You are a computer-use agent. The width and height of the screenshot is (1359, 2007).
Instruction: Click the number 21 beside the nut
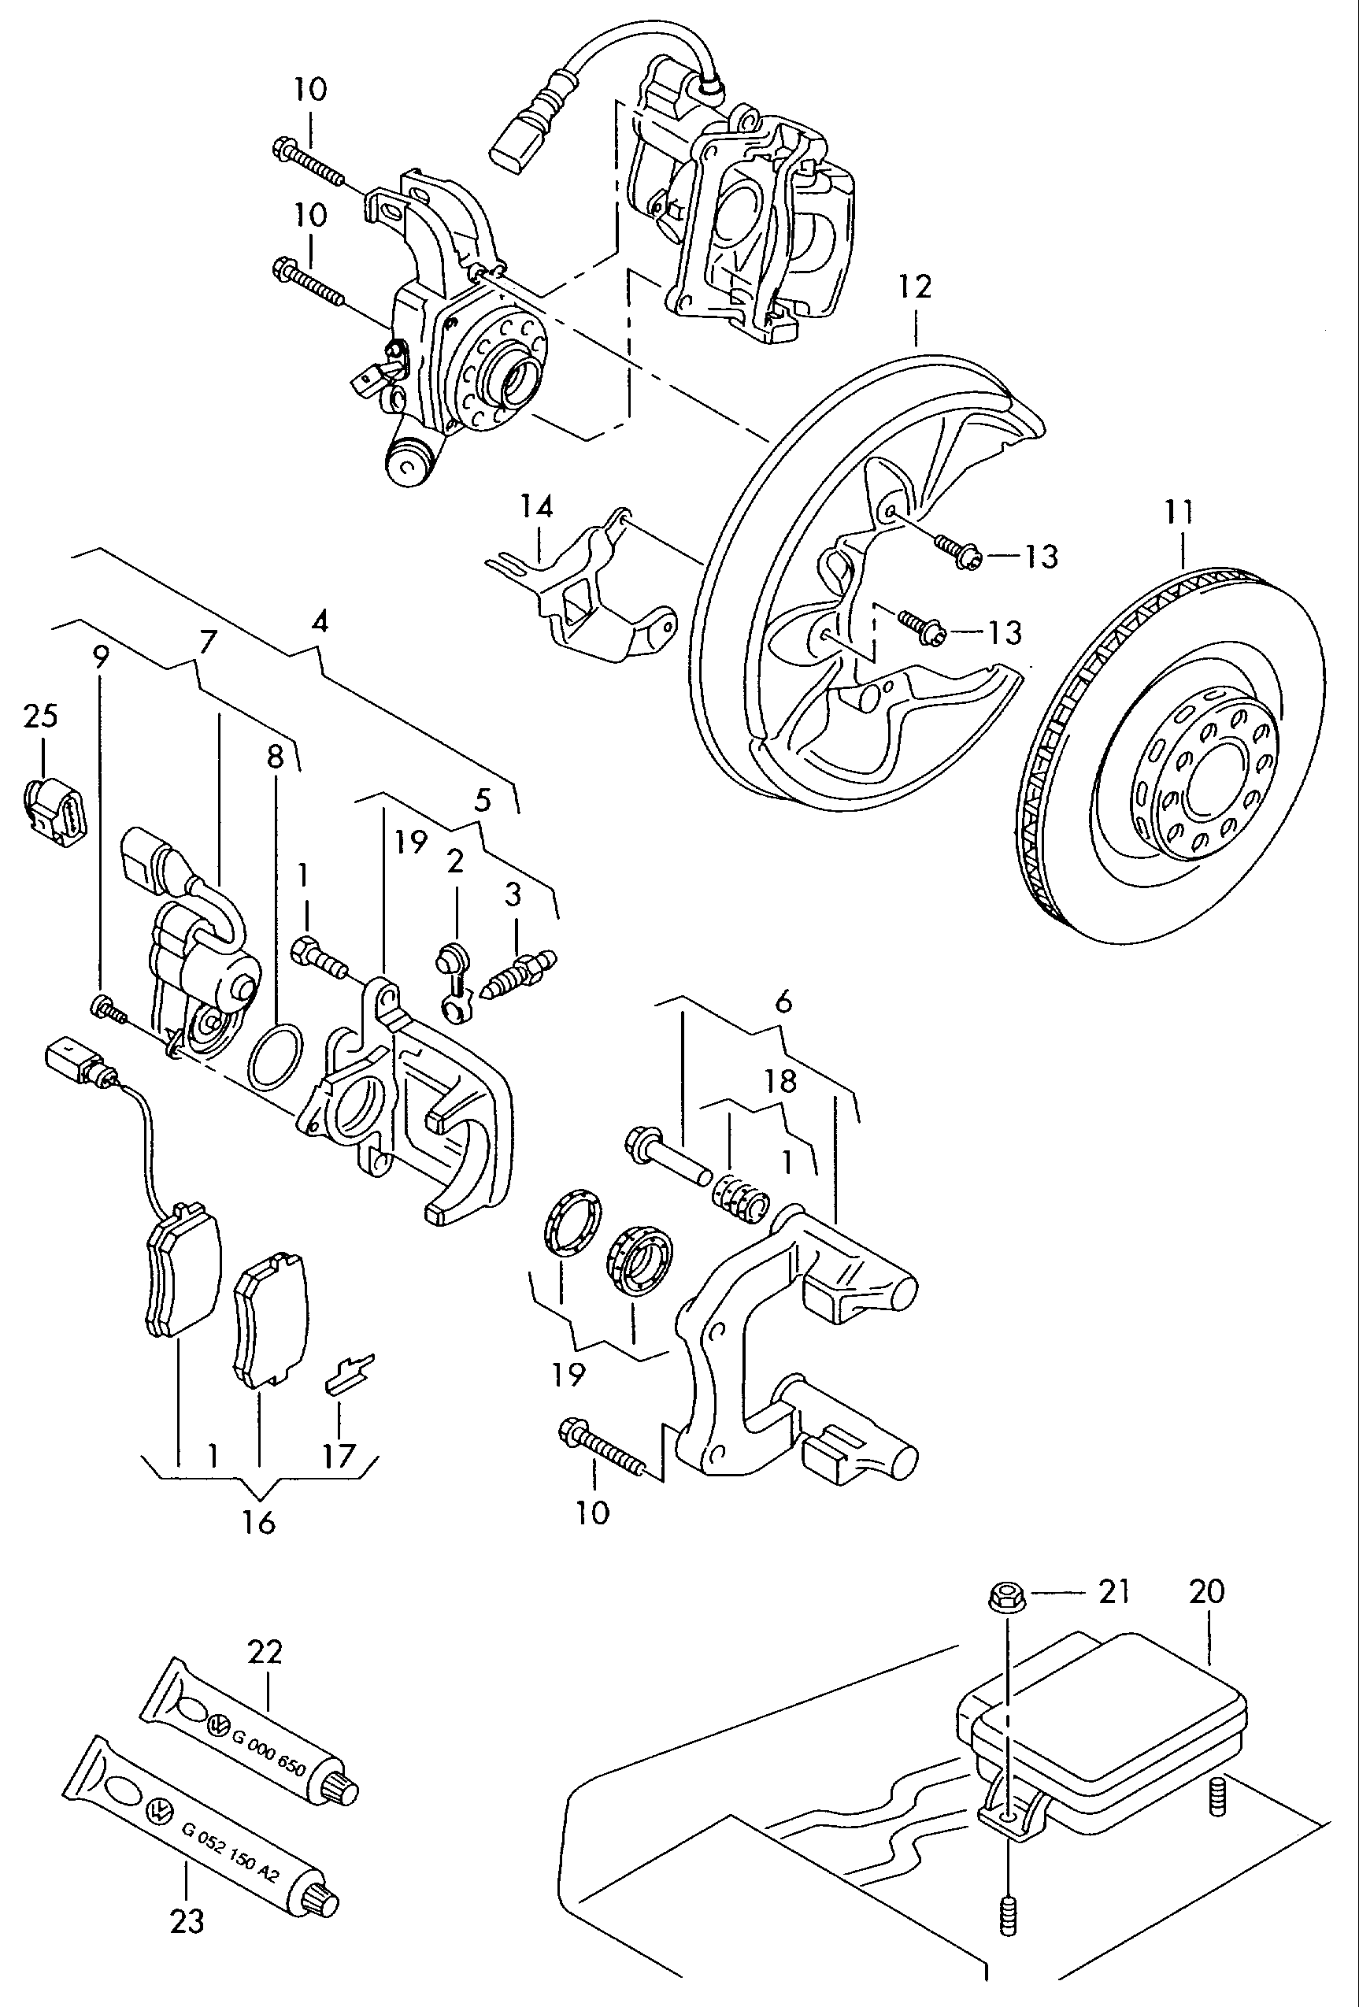[1113, 1590]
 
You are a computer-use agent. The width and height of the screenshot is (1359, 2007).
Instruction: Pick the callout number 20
[1206, 1590]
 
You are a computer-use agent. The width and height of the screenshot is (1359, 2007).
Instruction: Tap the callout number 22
[265, 1652]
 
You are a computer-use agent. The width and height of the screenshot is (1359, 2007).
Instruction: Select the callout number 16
[258, 1522]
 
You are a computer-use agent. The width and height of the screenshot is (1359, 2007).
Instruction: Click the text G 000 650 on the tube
[268, 1751]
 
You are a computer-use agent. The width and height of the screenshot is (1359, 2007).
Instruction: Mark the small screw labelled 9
[105, 1006]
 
